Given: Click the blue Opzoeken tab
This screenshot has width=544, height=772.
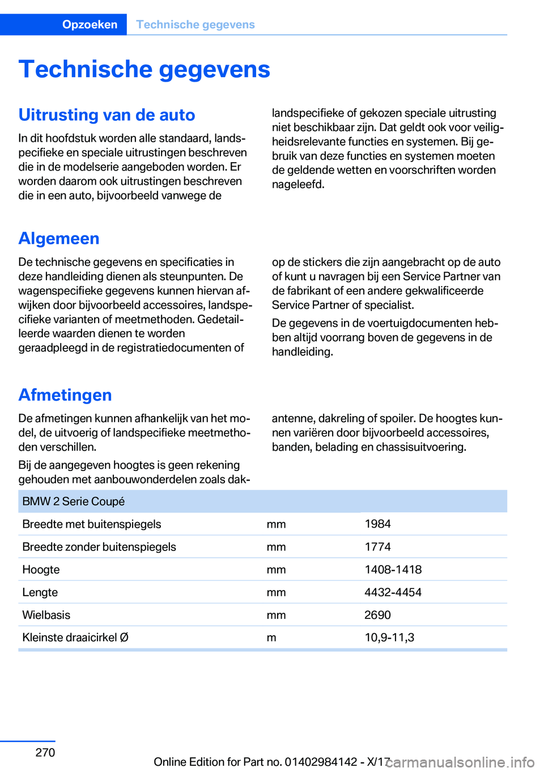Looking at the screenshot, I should click(90, 24).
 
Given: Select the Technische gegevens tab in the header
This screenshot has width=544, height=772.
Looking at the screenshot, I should click(195, 24).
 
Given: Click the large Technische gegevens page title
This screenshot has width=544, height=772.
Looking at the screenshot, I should click(144, 69).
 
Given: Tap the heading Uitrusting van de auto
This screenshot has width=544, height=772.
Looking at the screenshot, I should click(107, 114).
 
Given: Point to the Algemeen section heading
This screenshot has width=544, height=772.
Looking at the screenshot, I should click(59, 239).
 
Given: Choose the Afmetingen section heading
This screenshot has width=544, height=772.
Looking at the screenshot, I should click(65, 395).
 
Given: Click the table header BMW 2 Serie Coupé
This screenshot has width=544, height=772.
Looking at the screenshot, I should click(73, 501).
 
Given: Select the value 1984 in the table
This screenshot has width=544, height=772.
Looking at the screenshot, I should click(377, 524).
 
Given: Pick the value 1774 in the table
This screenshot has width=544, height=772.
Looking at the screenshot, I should click(377, 546).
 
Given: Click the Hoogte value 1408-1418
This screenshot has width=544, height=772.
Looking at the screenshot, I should click(393, 569).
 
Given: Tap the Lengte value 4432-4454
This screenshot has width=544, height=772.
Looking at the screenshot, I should click(393, 592).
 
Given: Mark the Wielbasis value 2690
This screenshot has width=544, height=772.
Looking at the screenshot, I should click(377, 614).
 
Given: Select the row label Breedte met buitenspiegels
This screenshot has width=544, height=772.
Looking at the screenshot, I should click(91, 524).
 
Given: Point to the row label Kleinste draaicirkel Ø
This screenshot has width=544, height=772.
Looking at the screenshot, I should click(75, 637).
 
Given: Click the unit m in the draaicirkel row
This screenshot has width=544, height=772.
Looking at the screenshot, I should click(271, 637).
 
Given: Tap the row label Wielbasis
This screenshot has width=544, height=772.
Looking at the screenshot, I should click(46, 614).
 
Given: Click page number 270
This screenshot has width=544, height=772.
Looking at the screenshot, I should click(45, 752).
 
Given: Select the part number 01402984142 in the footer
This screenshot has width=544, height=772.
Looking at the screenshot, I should click(321, 762).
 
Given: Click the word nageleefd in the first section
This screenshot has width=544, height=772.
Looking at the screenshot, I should click(297, 184).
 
